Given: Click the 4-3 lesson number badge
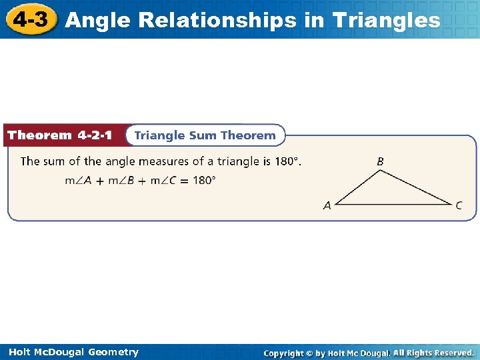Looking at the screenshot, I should point(31,19).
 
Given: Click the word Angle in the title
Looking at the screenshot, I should point(99,21).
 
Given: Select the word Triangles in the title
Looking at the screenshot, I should point(386,21).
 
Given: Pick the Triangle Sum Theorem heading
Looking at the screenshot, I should point(205,135).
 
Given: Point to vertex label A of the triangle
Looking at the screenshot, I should point(327,206).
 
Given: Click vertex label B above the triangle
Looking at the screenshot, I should point(380,161).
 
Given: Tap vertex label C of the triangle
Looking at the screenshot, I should point(459,206).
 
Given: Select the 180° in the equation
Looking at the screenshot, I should point(204,180).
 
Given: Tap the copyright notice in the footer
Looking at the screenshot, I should point(369,353).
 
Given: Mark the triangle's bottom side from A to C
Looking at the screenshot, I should point(393,205).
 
